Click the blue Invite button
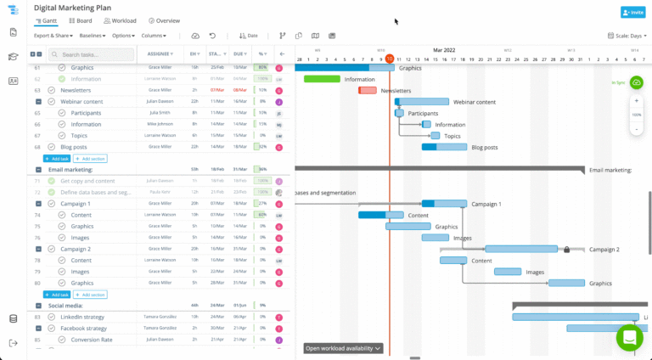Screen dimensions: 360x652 (x=632, y=13)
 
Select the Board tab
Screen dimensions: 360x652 (x=80, y=20)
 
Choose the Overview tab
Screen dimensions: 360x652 (x=164, y=20)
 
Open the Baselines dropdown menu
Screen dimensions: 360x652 (x=93, y=36)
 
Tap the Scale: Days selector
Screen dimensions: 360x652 (x=628, y=36)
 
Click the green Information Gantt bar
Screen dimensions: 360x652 (x=322, y=79)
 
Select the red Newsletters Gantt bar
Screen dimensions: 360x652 (x=368, y=90)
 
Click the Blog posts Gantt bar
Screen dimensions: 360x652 (x=444, y=147)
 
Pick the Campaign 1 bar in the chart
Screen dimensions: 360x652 (x=444, y=204)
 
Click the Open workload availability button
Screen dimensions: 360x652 (x=344, y=348)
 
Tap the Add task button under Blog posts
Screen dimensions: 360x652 (x=56, y=159)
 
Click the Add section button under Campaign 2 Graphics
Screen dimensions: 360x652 (x=90, y=295)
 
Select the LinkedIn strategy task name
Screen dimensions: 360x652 (x=83, y=317)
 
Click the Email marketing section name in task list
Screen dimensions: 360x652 (x=70, y=170)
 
